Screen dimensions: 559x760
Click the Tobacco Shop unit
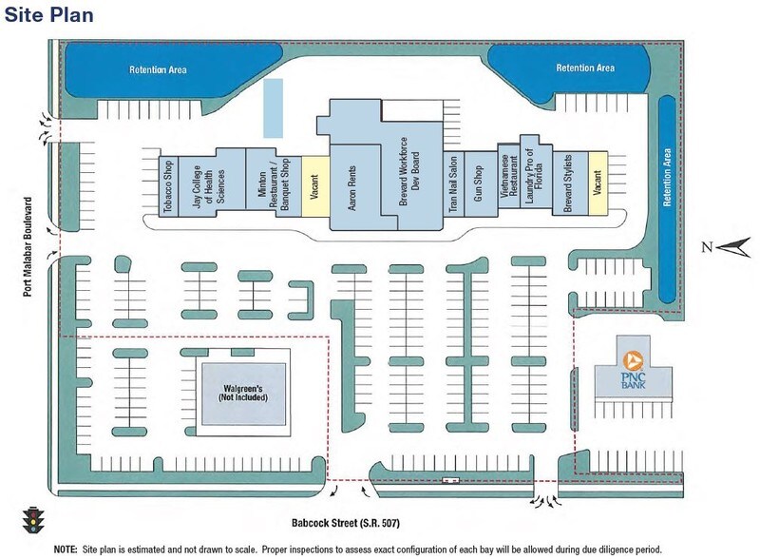[169, 185]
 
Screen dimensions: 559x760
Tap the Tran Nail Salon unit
[455, 185]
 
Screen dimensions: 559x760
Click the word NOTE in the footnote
[66, 549]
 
